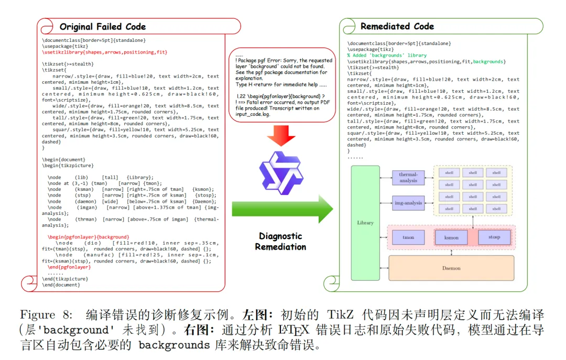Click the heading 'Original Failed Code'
(102, 27)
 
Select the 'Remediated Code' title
(397, 26)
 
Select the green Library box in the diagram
(365, 222)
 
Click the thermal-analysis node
(408, 177)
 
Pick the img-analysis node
(408, 203)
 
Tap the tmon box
(408, 237)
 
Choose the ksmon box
(451, 237)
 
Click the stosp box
(494, 237)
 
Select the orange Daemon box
(451, 268)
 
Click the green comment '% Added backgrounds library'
(387, 55)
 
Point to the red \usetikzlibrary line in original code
(105, 52)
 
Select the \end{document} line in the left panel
(61, 285)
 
